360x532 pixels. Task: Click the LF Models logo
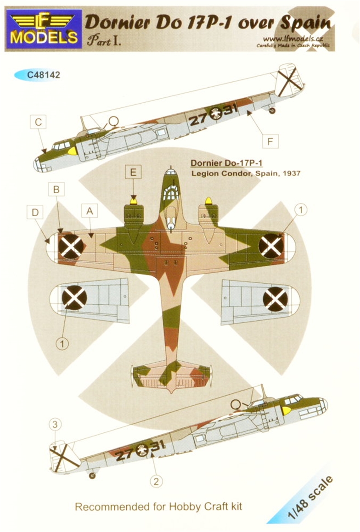click(x=44, y=30)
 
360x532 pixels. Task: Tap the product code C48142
click(x=43, y=75)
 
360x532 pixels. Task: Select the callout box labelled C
click(x=38, y=122)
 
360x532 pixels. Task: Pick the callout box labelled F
click(x=270, y=141)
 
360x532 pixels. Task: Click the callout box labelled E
click(x=133, y=172)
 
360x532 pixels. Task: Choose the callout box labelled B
click(x=56, y=189)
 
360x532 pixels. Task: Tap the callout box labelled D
click(x=35, y=213)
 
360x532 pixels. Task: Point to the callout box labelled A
click(x=90, y=211)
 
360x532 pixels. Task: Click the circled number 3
click(x=55, y=424)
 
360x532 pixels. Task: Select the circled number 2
click(x=156, y=481)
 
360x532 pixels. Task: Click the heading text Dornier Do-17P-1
click(x=226, y=163)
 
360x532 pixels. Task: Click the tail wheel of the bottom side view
click(x=92, y=476)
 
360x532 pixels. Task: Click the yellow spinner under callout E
click(x=133, y=201)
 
